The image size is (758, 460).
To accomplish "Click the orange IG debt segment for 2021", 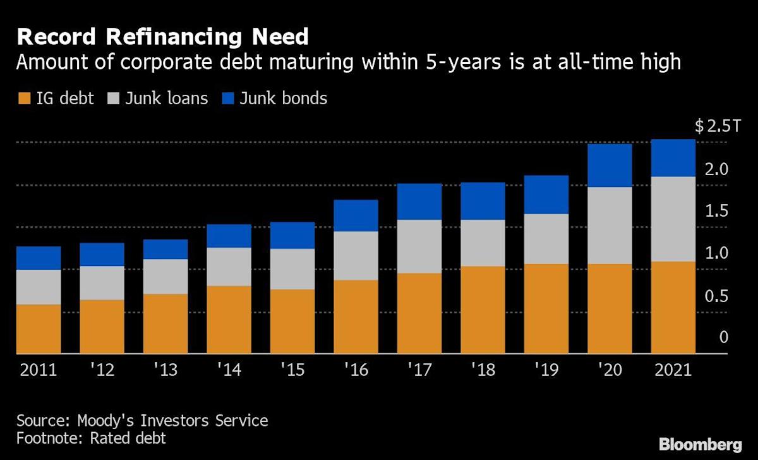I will pyautogui.click(x=673, y=308).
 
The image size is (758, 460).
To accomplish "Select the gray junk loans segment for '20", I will pyautogui.click(x=610, y=226).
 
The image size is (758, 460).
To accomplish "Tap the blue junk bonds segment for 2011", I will pyautogui.click(x=39, y=258).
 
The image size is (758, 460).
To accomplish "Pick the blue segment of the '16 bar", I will pyautogui.click(x=356, y=215).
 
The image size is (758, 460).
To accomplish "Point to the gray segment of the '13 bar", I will pyautogui.click(x=165, y=276).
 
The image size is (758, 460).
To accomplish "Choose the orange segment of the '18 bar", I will pyautogui.click(x=483, y=310).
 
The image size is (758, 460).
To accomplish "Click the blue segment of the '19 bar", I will pyautogui.click(x=546, y=195).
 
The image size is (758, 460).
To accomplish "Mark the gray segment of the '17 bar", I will pyautogui.click(x=419, y=246).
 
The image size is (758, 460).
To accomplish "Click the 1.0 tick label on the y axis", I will pyautogui.click(x=718, y=253).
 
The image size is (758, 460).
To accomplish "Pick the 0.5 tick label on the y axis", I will pyautogui.click(x=718, y=296).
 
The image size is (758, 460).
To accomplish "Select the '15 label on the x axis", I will pyautogui.click(x=292, y=370).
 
